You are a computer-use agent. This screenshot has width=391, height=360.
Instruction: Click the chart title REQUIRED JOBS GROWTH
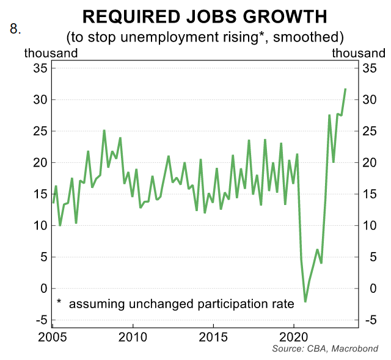pyautogui.click(x=205, y=16)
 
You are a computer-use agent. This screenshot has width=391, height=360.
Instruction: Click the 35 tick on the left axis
pyautogui.click(x=40, y=68)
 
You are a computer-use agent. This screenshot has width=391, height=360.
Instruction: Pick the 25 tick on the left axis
pyautogui.click(x=40, y=131)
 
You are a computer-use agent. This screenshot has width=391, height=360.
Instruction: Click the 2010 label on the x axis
pyautogui.click(x=133, y=336)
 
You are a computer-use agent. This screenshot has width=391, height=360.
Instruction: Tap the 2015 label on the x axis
pyautogui.click(x=214, y=336)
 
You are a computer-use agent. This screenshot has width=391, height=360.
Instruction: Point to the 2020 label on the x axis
pyautogui.click(x=294, y=336)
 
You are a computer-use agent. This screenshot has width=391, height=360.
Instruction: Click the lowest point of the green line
pyautogui.click(x=305, y=301)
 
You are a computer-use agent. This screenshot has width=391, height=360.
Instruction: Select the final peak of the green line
pyautogui.click(x=346, y=89)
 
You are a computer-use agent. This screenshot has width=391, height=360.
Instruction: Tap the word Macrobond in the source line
pyautogui.click(x=356, y=348)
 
